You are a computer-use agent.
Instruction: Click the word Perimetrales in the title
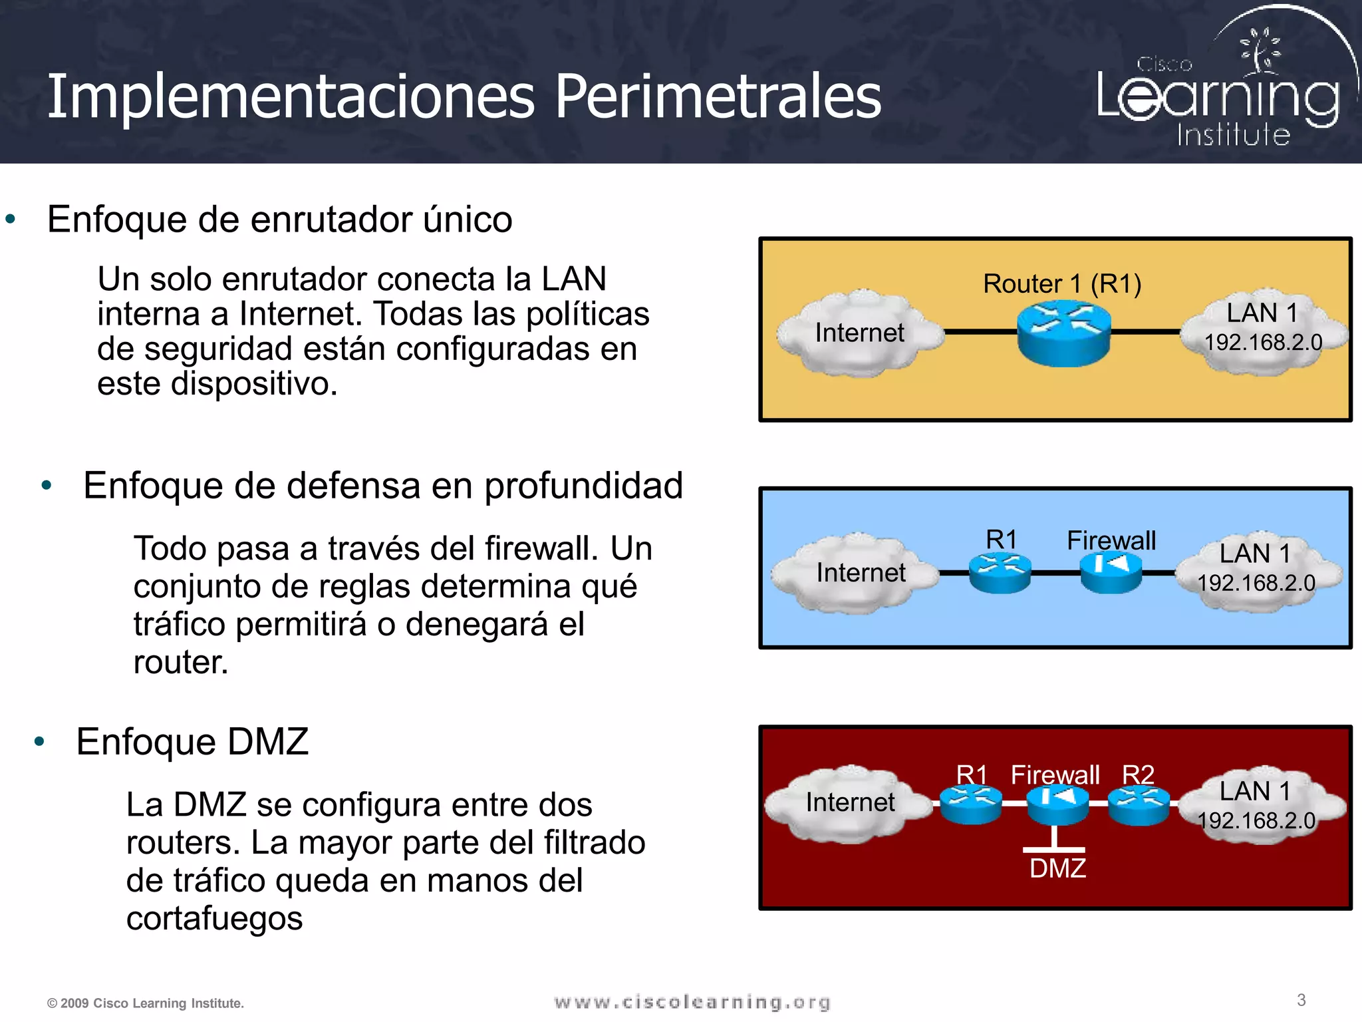718,97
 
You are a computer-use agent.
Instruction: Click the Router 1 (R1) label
1062,284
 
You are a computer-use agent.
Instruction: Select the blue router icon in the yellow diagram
1063,332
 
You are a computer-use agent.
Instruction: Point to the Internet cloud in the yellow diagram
859,332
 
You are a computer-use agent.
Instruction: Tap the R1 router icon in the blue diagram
1000,573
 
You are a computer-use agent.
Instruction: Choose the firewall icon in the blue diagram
1111,573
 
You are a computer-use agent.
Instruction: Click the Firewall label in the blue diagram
1111,540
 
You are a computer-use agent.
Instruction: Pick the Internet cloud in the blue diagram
860,572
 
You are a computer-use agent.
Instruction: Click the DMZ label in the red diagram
1057,868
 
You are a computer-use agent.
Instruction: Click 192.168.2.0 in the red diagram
1256,820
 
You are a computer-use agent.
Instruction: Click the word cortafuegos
214,918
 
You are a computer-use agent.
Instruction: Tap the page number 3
1301,1000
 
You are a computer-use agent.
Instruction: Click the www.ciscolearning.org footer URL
692,1002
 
